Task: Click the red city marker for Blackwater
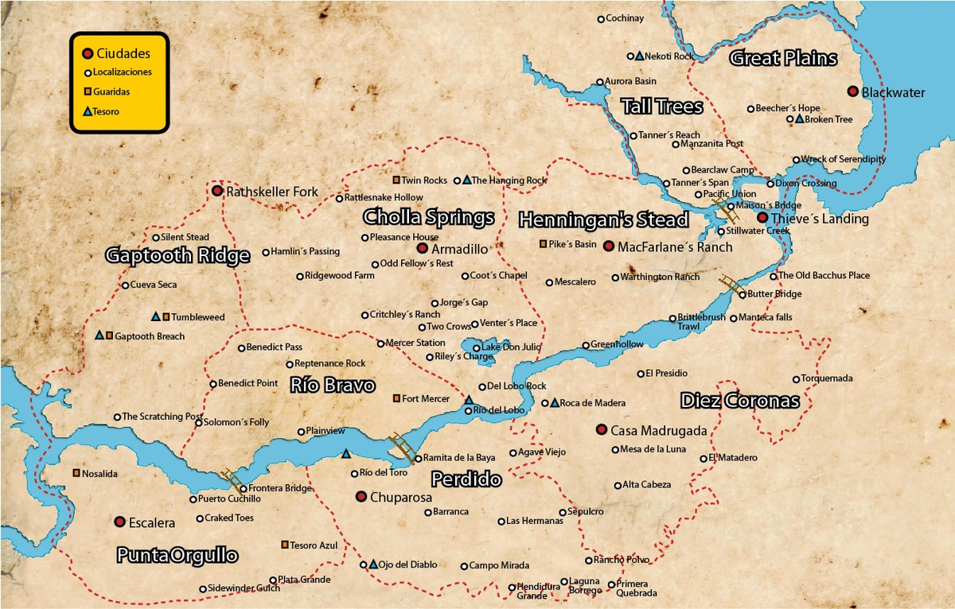tap(852, 91)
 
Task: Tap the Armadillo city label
tap(459, 249)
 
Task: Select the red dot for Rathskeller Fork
tap(216, 191)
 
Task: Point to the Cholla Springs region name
tap(428, 217)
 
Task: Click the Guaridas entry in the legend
tap(111, 92)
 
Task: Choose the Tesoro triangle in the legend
tap(88, 112)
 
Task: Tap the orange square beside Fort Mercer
tap(396, 398)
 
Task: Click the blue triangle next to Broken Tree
tap(799, 119)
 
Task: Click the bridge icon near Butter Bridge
tap(731, 284)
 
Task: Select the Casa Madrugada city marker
tap(602, 429)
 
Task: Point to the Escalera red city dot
tap(119, 522)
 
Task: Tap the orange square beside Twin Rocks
tap(396, 180)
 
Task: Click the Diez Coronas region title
tap(739, 401)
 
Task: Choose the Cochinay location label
tap(625, 18)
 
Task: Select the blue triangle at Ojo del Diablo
tap(373, 564)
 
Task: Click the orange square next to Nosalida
tap(76, 473)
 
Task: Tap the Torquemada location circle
tap(796, 378)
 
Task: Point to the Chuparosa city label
tap(401, 497)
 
